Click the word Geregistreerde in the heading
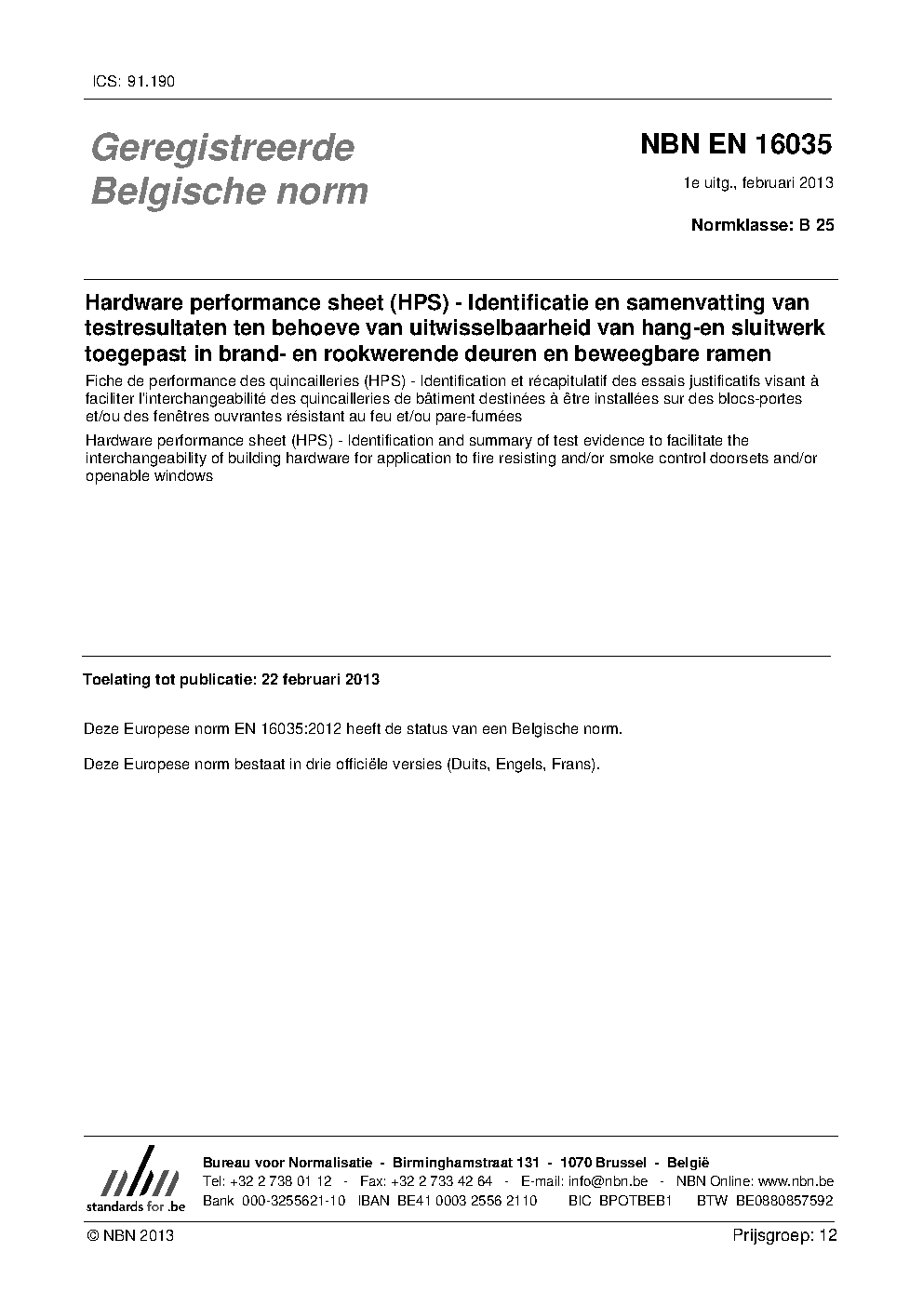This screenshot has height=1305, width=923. [221, 148]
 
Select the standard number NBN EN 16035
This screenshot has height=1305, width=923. [735, 145]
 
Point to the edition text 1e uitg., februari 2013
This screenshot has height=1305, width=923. [758, 182]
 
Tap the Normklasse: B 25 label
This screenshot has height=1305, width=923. [762, 224]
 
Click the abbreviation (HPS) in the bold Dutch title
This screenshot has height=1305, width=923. [420, 302]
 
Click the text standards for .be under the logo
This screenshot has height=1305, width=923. [136, 1205]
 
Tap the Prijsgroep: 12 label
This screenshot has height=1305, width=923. [784, 1235]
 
